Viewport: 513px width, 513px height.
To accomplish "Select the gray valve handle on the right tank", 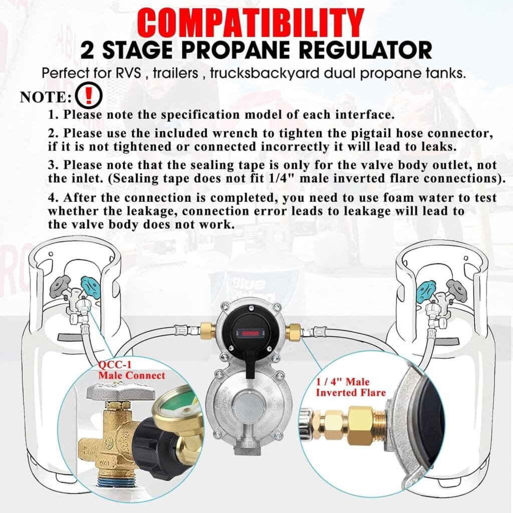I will tap(457, 288).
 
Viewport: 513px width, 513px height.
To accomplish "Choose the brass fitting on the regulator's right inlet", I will tap(294, 331).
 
